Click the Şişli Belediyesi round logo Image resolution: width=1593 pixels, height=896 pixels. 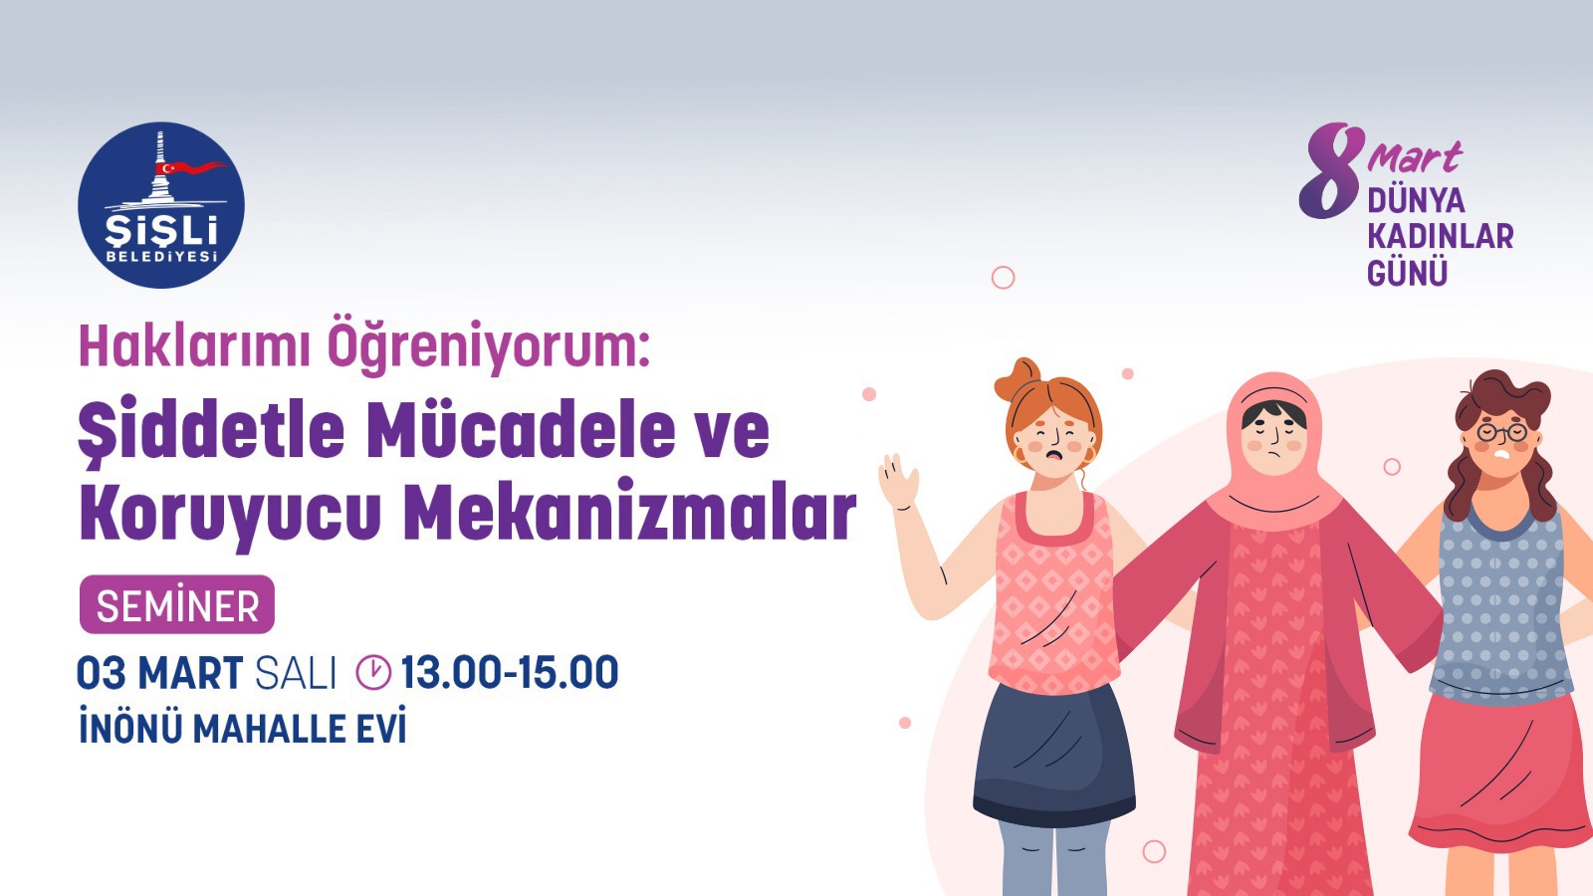[161, 205]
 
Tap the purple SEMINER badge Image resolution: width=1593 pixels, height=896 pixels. [177, 605]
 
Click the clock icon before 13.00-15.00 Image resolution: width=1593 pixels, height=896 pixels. [373, 672]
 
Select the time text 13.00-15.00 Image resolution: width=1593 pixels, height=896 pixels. [509, 673]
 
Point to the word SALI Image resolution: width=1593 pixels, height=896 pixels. [296, 674]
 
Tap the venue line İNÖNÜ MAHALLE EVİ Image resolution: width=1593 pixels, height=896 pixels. [243, 729]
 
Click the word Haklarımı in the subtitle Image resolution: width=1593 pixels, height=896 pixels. [194, 346]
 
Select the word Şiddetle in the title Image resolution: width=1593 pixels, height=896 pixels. [211, 430]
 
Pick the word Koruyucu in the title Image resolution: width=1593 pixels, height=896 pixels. [230, 514]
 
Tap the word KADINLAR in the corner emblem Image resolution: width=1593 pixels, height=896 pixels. [1440, 237]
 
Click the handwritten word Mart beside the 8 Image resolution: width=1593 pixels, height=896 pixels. [1414, 157]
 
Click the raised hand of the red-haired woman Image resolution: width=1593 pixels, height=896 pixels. [898, 483]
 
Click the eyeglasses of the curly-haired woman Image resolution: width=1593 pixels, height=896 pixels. [1502, 433]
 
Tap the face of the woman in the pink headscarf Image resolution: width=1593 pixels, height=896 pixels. [1274, 434]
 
